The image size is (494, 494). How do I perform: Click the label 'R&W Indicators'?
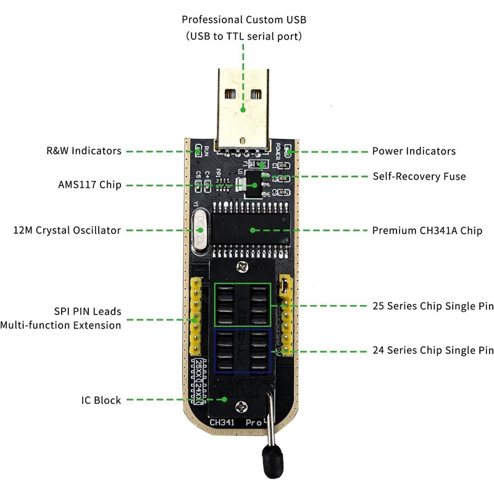83,151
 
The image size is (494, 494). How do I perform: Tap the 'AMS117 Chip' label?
89,185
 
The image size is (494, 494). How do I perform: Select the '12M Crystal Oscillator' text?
67,230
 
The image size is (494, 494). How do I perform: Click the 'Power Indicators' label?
414,151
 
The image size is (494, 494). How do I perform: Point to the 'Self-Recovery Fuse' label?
419,177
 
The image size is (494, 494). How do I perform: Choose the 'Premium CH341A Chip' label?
427,231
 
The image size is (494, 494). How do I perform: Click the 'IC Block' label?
101,400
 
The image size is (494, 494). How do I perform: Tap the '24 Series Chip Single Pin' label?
433,350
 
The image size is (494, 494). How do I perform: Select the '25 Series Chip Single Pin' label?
433,306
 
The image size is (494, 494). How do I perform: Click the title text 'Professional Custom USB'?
244,20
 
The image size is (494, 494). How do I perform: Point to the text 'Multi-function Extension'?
61,325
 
